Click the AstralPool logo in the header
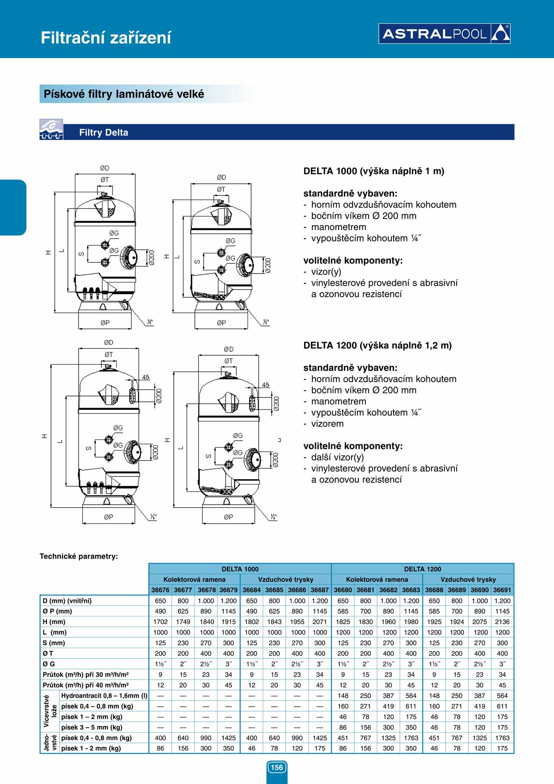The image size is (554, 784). (x=444, y=34)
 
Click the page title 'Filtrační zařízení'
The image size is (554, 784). (x=106, y=38)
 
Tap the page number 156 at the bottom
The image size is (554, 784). (x=277, y=767)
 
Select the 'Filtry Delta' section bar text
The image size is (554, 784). (x=104, y=132)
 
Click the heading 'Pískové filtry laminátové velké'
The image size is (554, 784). (x=124, y=94)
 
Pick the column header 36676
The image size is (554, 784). (x=160, y=590)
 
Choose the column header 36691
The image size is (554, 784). (x=502, y=590)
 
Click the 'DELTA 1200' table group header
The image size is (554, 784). (x=422, y=569)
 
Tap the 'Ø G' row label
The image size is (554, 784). (x=49, y=664)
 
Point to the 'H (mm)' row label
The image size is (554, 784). (x=54, y=622)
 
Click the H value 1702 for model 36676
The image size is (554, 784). (x=160, y=622)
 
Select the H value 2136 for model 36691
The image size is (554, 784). (x=502, y=622)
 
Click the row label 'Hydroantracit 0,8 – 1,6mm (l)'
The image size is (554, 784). (x=104, y=695)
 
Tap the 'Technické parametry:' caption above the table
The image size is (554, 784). (x=79, y=556)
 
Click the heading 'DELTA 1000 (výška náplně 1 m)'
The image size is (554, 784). (x=374, y=171)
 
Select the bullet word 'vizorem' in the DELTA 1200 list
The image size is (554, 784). (x=327, y=424)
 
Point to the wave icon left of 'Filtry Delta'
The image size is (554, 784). (x=51, y=130)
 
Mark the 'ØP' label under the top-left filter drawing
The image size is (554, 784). (x=105, y=323)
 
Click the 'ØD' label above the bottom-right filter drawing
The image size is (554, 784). (x=228, y=349)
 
